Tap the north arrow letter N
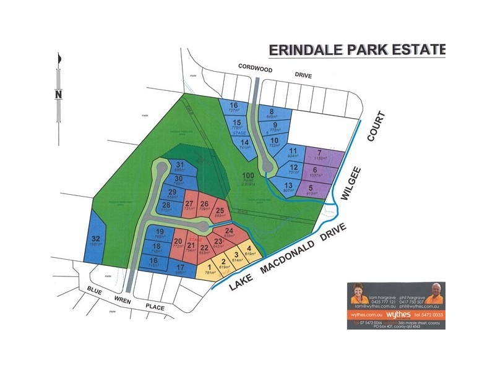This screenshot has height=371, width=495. [58, 95]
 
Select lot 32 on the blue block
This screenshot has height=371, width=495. [96, 239]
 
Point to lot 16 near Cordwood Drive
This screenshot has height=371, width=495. [233, 106]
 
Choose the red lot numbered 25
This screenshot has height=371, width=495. [220, 211]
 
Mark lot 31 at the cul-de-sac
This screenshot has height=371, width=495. [179, 164]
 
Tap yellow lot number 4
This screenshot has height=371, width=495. [249, 249]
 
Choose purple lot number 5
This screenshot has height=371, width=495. [311, 187]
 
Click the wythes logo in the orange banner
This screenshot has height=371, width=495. [394, 314]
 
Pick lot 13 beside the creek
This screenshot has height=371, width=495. [288, 185]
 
